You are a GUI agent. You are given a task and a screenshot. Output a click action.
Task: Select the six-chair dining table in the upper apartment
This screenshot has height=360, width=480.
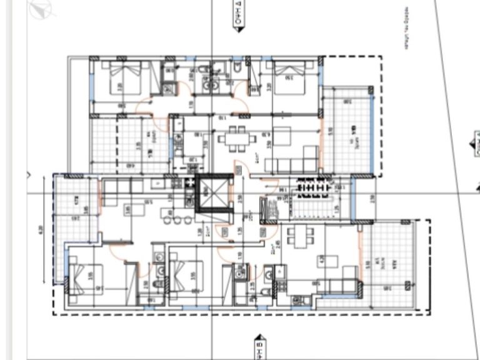[236, 138]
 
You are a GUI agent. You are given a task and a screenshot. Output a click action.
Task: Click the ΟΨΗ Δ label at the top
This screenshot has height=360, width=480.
[239, 11]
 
